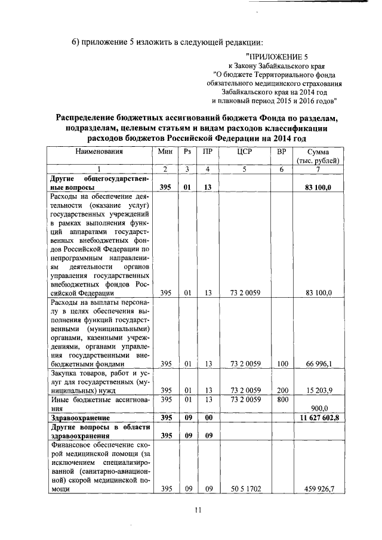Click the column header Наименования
(99, 152)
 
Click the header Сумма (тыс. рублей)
(318, 156)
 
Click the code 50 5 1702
(245, 489)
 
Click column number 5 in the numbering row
(245, 170)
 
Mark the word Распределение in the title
(91, 118)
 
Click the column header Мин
(165, 152)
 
